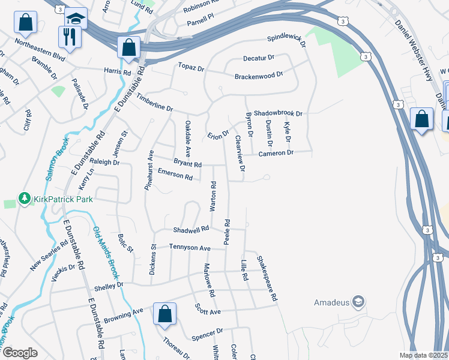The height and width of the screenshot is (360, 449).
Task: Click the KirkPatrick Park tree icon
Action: tap(24, 199)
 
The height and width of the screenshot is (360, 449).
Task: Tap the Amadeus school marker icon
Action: tap(358, 301)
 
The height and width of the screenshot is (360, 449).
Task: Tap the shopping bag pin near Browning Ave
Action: tap(164, 314)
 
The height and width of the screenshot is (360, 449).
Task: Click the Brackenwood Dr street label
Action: tap(258, 76)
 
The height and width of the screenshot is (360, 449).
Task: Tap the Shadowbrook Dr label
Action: tap(277, 113)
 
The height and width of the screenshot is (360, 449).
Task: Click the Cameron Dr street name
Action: tap(276, 154)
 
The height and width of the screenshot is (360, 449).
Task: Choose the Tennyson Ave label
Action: tap(190, 248)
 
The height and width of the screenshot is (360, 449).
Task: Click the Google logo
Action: tap(20, 353)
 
